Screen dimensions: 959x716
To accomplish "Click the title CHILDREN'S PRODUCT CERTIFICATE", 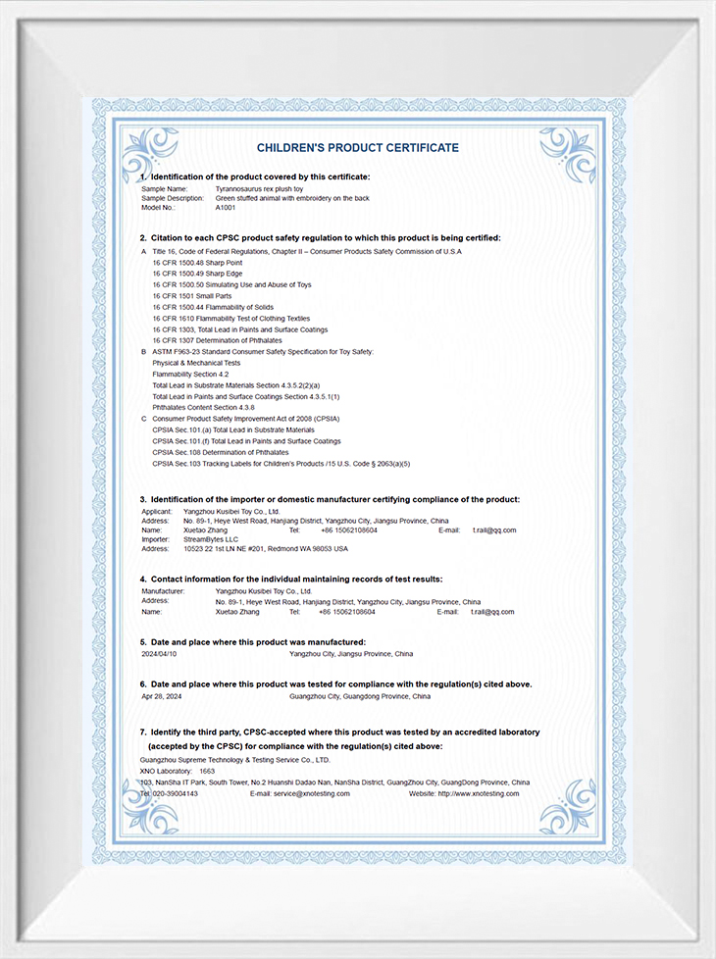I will pyautogui.click(x=357, y=148).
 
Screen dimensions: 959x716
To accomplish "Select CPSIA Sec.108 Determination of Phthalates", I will pyautogui.click(x=221, y=452).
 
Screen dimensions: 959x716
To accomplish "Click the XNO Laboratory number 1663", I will pyautogui.click(x=207, y=772).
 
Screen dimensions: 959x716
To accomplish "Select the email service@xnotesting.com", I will pyautogui.click(x=311, y=793).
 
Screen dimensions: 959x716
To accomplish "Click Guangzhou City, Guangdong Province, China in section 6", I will pyautogui.click(x=360, y=696).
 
